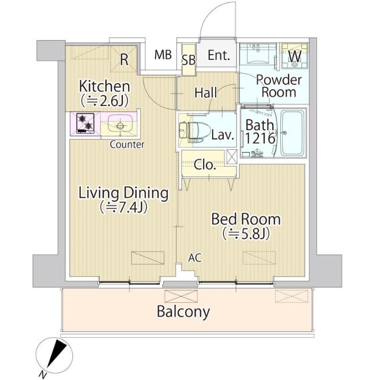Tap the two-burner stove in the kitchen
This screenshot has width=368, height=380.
pos(85,123)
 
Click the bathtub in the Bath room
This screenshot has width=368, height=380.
pos(292,133)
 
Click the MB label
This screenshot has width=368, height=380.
pos(163,55)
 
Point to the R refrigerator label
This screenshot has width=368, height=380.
pos(125,59)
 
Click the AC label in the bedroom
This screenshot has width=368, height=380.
pos(195,258)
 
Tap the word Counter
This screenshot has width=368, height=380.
pos(127,144)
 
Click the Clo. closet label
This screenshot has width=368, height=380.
pos(205,165)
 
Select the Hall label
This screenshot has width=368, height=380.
pos(206,93)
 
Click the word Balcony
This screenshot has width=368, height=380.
pos(183,311)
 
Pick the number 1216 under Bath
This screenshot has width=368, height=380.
pos(260,138)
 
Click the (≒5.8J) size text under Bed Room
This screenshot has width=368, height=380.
pos(246,234)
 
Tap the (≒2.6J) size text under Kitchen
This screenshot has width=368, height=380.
pos(104,101)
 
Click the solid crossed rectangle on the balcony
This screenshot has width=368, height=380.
pos(181,296)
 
